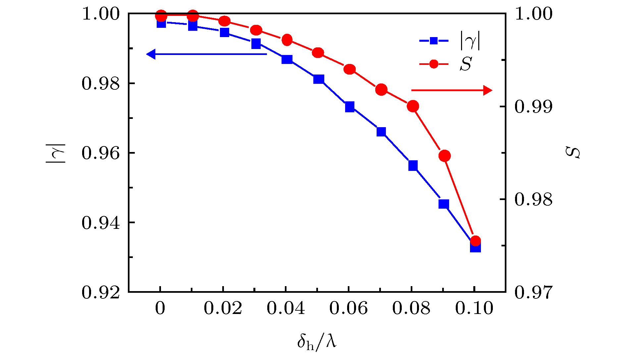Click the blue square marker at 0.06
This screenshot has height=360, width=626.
click(350, 107)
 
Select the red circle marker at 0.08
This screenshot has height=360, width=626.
click(413, 106)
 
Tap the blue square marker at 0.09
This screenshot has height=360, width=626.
click(444, 204)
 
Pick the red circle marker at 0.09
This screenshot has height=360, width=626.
click(444, 156)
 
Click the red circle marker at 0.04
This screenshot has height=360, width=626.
click(287, 40)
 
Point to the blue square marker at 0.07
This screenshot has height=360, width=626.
click(381, 132)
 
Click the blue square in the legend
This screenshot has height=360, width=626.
click(434, 41)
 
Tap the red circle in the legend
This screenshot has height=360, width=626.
click(434, 64)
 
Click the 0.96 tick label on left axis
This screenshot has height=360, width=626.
click(100, 153)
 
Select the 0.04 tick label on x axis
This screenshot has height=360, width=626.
click(286, 308)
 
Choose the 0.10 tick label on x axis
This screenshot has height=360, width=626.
click(474, 308)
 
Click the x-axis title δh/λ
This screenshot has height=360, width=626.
click(317, 341)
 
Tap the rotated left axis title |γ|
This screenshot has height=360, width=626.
click(56, 153)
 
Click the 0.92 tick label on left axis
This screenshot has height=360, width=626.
click(100, 292)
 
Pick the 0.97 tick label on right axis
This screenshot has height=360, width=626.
click(533, 292)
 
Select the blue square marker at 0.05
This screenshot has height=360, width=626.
click(319, 79)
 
